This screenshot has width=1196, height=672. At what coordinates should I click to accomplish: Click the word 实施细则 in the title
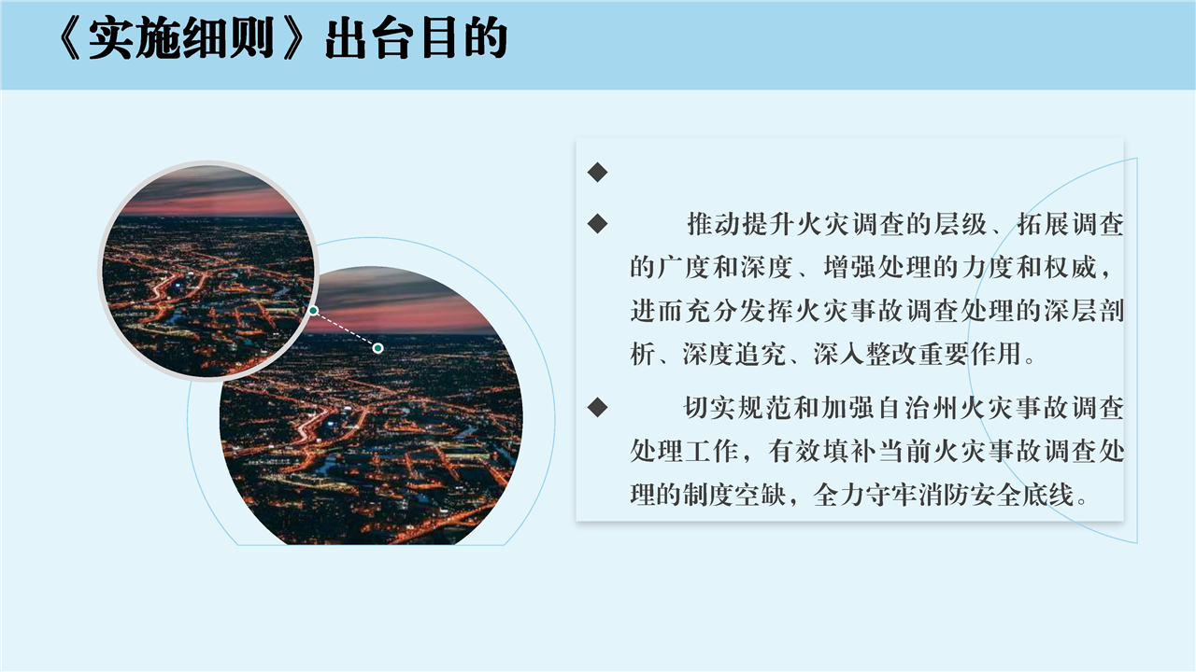181,38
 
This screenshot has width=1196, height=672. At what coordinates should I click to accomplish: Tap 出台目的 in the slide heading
417,38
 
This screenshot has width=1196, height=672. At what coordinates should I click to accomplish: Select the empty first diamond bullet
597,172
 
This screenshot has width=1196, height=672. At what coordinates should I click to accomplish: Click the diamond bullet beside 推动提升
597,223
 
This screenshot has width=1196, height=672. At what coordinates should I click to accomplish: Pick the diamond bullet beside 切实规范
597,408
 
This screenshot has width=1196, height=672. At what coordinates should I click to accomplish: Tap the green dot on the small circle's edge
313,311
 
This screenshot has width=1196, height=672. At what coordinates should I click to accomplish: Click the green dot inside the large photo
378,348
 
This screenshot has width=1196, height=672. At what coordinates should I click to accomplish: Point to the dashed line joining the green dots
346,329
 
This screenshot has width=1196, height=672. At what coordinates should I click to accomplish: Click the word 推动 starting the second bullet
713,224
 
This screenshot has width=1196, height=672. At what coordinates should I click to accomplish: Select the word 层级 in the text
961,224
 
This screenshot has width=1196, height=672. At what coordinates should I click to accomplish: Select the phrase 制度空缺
734,495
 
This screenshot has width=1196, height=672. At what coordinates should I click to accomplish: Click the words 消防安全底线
996,495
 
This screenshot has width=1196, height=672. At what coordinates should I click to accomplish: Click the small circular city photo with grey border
207,271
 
